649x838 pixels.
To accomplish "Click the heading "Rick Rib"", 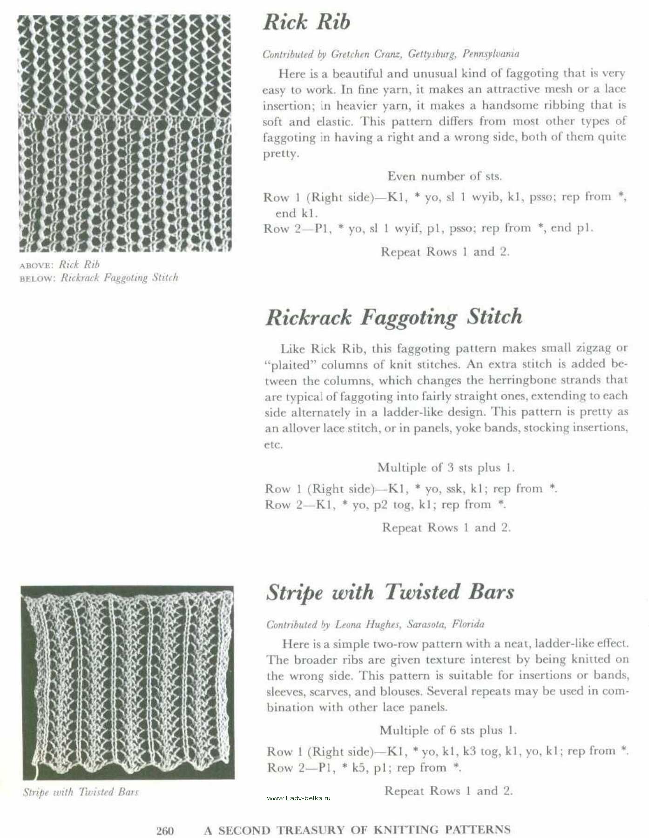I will tap(306, 23).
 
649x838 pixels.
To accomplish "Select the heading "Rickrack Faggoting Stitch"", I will tap(394, 318).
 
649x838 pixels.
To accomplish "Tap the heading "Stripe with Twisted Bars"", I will tap(390, 592).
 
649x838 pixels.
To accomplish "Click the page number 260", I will tap(165, 830).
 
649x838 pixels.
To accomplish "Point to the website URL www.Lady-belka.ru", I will tap(298, 798).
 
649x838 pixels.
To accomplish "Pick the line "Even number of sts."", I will tap(445, 176).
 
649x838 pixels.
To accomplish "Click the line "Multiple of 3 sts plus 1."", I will tap(446, 467).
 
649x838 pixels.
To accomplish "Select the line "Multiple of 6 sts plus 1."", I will tap(448, 730).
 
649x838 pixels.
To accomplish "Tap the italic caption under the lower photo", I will tap(81, 791).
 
